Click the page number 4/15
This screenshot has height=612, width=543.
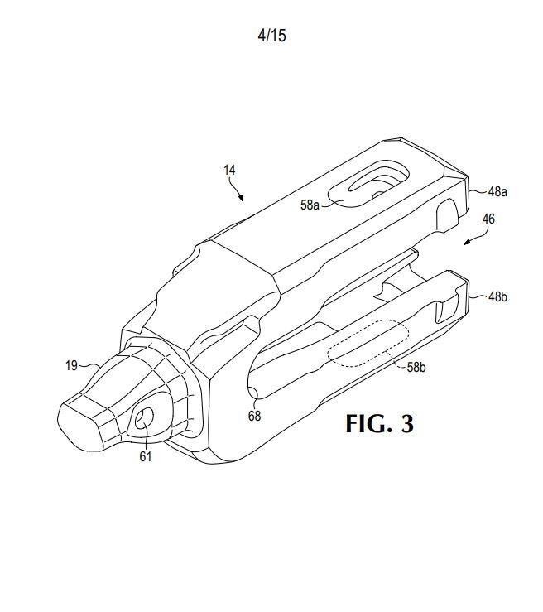click(x=271, y=36)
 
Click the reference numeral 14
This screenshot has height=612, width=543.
click(x=229, y=170)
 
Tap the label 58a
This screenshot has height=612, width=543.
click(x=310, y=205)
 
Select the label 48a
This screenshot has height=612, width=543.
click(x=497, y=191)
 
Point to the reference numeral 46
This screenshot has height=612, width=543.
click(x=488, y=219)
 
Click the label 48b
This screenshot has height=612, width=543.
click(x=497, y=297)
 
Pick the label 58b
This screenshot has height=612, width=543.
click(x=416, y=367)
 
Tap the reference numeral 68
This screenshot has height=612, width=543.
click(x=254, y=416)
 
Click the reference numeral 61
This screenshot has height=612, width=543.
click(x=146, y=456)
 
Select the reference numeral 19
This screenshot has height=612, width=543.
click(x=71, y=366)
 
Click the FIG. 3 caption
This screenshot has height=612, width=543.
click(x=379, y=423)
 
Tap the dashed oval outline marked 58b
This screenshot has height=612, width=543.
click(x=368, y=343)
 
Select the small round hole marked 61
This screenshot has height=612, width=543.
click(x=144, y=419)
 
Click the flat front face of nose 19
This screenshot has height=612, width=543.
click(x=80, y=422)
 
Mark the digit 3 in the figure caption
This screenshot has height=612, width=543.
click(x=407, y=424)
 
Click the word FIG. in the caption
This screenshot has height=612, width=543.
click(x=368, y=423)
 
